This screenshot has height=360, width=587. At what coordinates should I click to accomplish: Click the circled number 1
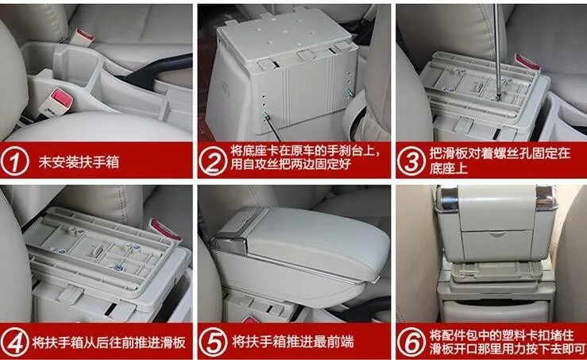[x=14, y=161]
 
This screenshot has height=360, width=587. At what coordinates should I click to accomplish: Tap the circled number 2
[x=212, y=161]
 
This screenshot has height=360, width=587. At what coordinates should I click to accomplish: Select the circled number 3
[x=411, y=161]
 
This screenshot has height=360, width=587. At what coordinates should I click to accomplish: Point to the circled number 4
[x=14, y=342]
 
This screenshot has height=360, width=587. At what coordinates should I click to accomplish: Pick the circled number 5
[x=213, y=342]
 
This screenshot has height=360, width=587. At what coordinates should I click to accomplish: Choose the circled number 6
[x=411, y=342]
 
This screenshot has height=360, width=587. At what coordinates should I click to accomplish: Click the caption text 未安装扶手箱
[x=79, y=162]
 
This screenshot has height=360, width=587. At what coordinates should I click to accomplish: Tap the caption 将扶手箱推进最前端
[x=293, y=342]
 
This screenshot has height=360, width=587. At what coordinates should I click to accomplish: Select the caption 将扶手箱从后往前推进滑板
[x=109, y=343]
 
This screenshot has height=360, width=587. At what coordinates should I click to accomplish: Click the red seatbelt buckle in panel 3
[x=527, y=62]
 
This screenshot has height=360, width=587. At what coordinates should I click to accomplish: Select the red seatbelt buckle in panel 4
[x=164, y=229]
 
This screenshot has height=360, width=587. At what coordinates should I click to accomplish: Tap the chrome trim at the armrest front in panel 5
[x=228, y=242]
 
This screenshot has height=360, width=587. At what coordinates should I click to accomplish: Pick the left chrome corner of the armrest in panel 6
[x=448, y=199]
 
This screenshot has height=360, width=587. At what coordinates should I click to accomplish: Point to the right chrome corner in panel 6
[x=546, y=198]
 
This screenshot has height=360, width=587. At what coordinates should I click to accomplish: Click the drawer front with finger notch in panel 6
[x=497, y=246]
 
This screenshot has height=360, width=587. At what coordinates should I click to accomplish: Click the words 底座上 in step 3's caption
[x=449, y=168]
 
